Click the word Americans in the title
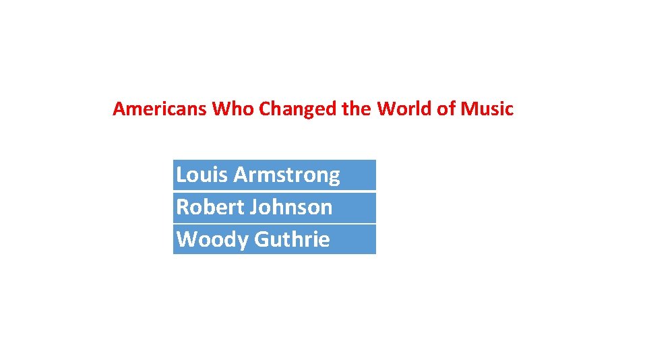[160, 109]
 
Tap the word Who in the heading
[233, 109]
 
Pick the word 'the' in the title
[357, 109]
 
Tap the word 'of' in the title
[446, 109]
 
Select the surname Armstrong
[287, 175]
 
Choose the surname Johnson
[291, 207]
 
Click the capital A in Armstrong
[240, 175]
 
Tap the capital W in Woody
[185, 239]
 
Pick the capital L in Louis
[180, 175]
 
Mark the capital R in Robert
[181, 207]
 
